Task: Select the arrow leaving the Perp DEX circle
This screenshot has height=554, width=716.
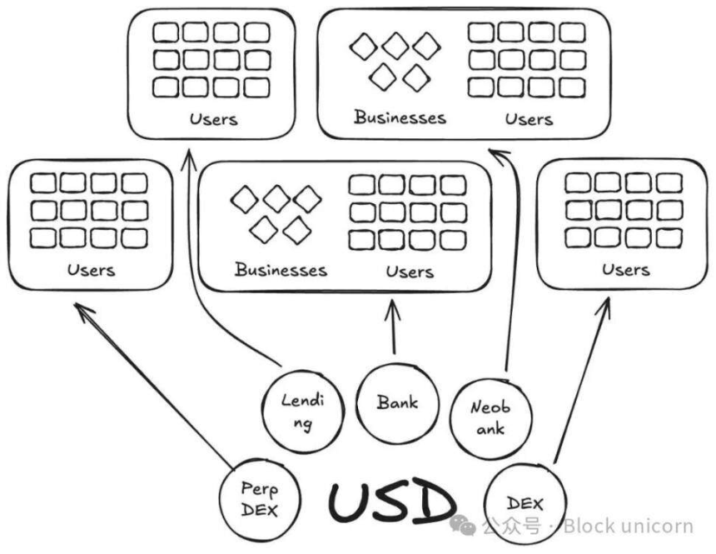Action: coord(158,383)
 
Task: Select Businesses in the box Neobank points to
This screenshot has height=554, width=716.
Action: coord(400,117)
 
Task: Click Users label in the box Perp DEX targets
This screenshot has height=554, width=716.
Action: coord(91,269)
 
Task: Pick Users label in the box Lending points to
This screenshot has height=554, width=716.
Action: coord(213,118)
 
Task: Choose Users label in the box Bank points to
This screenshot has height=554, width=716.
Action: coord(410,271)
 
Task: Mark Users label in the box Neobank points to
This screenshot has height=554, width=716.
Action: coord(529,118)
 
